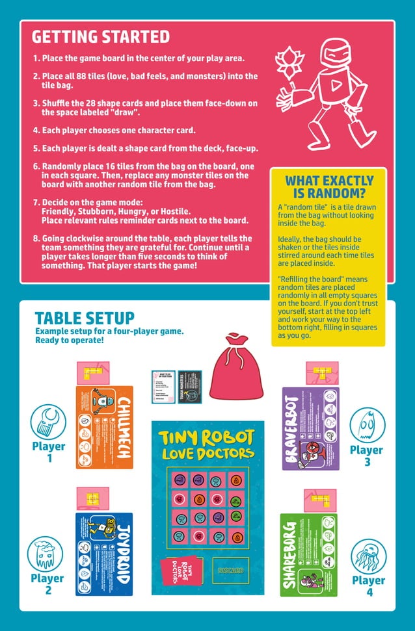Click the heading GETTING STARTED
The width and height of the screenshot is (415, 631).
pyautogui.click(x=100, y=36)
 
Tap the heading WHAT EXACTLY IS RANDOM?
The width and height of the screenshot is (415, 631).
pyautogui.click(x=329, y=187)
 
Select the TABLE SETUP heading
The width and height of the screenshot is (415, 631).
pyautogui.click(x=85, y=318)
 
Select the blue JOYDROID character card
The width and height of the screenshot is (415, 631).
pyautogui.click(x=104, y=554)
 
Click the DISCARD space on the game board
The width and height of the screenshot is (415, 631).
pyautogui.click(x=230, y=570)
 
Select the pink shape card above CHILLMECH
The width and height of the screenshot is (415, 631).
pyautogui.click(x=92, y=372)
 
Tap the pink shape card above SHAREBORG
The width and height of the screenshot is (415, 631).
pyautogui.click(x=319, y=499)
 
